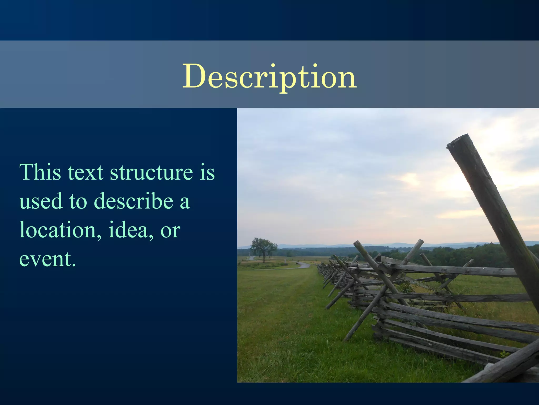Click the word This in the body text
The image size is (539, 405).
click(40, 172)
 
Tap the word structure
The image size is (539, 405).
click(151, 172)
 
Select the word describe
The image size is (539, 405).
click(133, 201)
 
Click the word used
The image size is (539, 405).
click(41, 201)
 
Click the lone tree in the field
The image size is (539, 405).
click(264, 248)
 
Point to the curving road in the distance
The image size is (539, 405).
click(303, 265)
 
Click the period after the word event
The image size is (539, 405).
click(74, 265)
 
